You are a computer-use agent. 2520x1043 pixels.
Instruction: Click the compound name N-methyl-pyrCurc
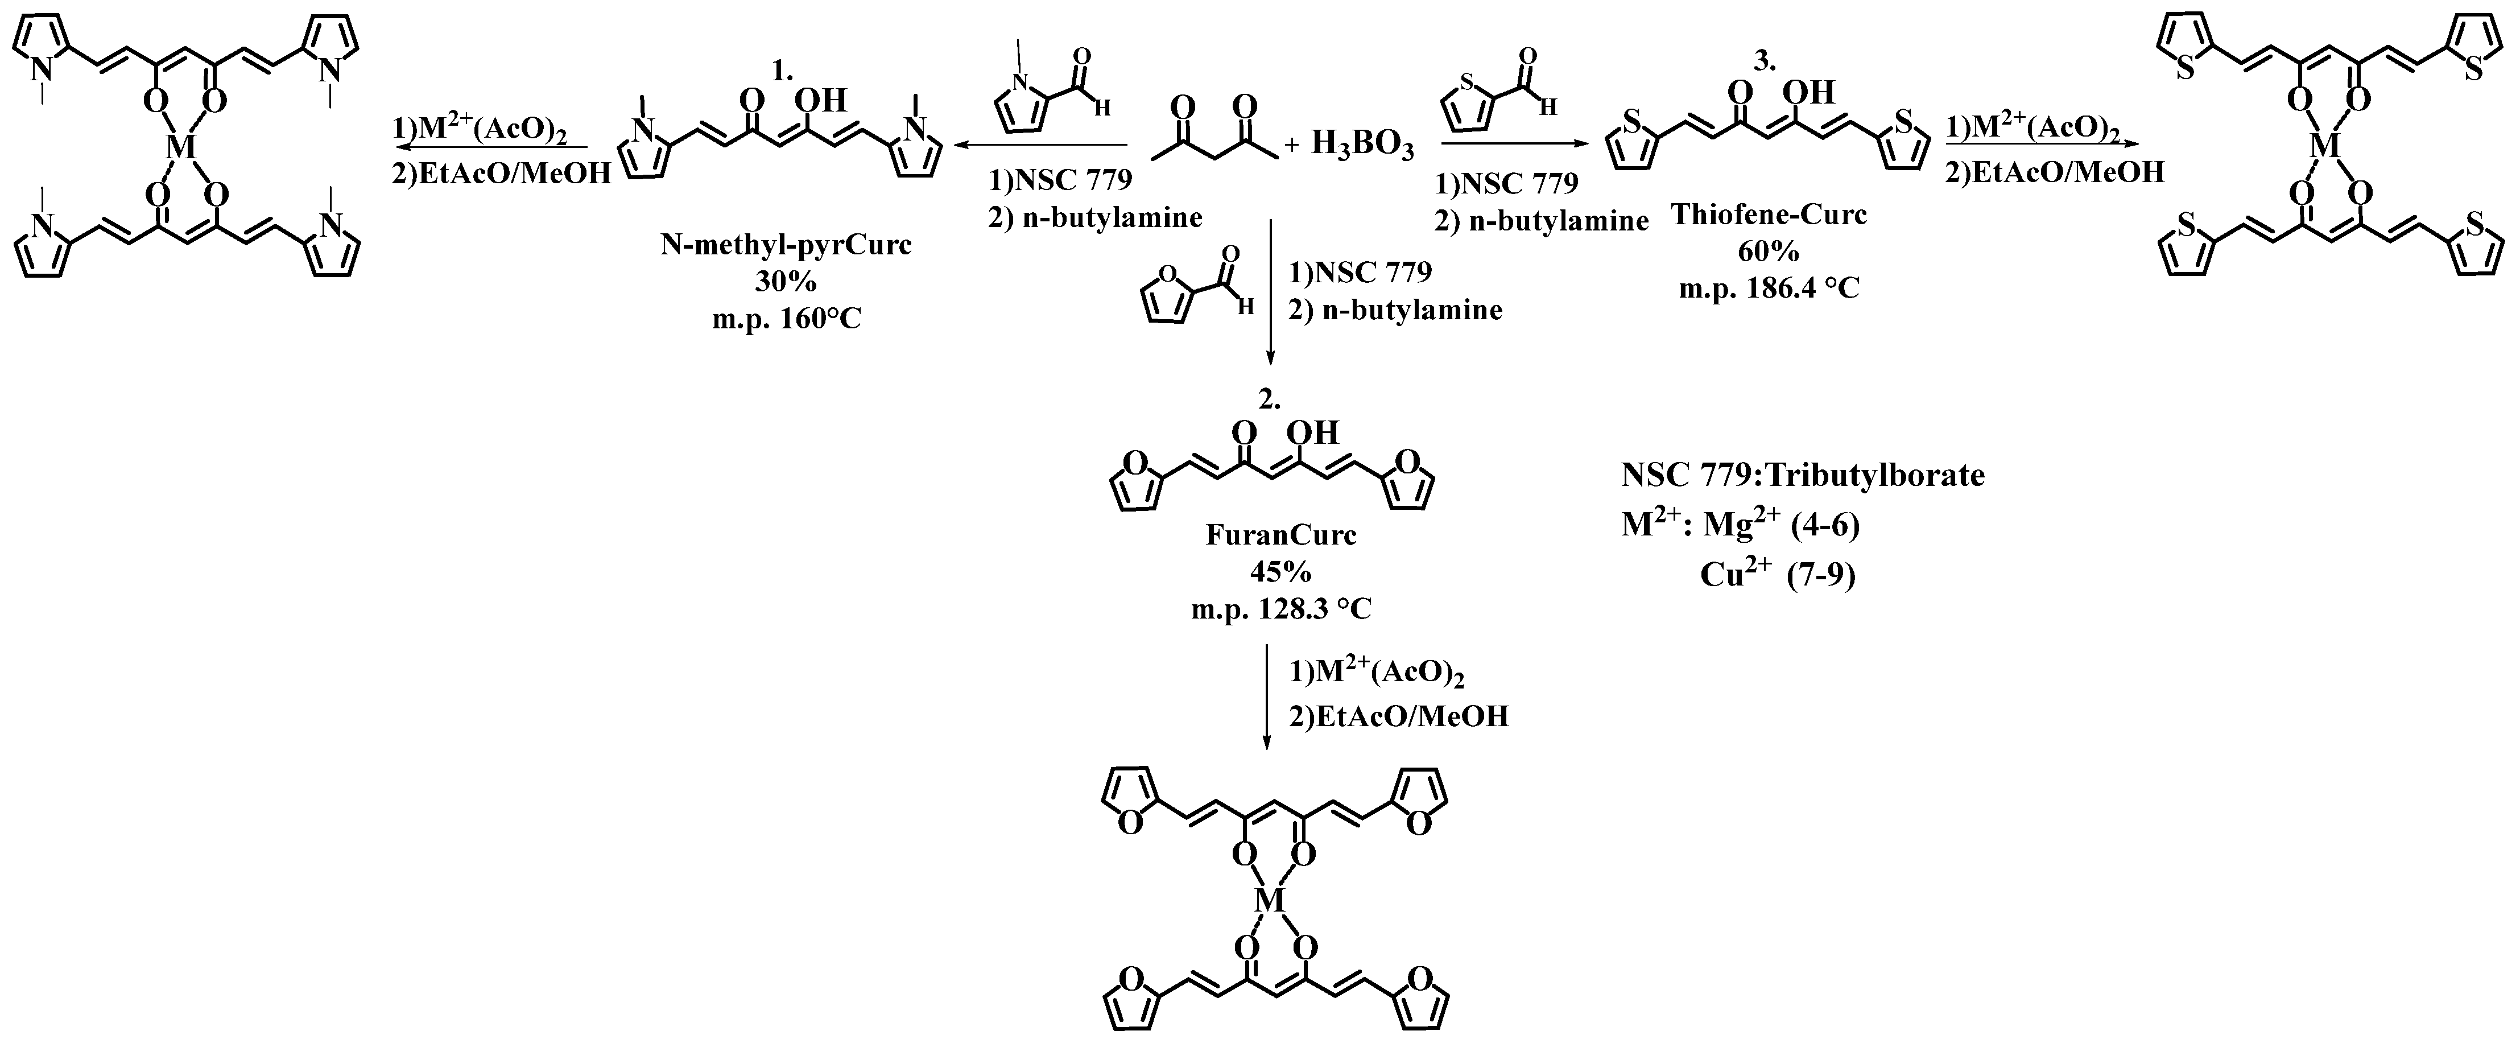(786, 245)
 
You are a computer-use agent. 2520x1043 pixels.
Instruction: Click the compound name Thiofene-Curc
(1769, 215)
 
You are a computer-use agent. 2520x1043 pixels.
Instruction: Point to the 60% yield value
(1769, 252)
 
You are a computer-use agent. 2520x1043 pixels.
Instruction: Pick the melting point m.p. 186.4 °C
(1769, 288)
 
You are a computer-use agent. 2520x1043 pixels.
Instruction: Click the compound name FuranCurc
(1280, 535)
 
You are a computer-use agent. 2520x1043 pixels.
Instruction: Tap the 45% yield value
(1280, 572)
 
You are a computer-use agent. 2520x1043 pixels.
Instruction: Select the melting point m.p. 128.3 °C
(1280, 609)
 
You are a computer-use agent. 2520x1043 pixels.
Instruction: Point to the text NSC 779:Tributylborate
(1803, 476)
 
